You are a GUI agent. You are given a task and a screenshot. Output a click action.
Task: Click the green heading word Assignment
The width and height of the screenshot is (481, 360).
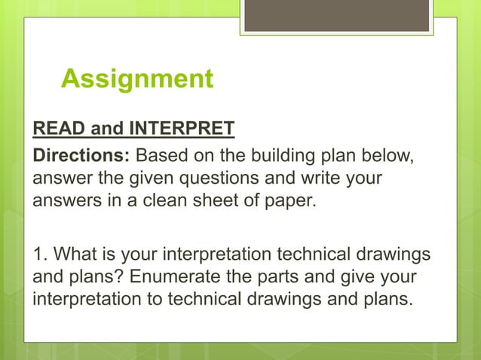[x=136, y=78]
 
